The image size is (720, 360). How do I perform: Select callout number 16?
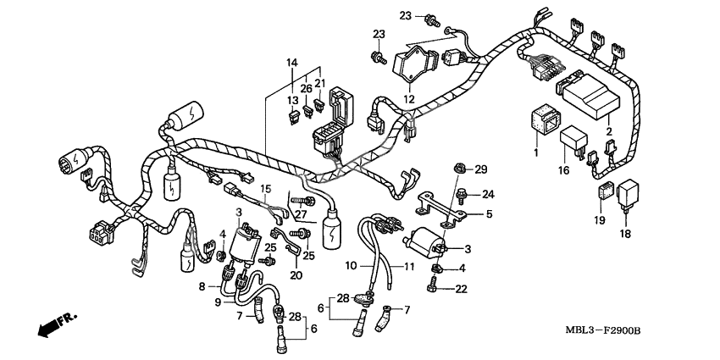(x=562, y=169)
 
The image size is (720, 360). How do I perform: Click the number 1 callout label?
(x=534, y=153)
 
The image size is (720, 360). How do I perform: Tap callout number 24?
(x=488, y=194)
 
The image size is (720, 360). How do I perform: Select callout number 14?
(x=291, y=63)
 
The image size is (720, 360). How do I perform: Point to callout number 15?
(x=265, y=188)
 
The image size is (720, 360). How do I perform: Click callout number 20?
(x=296, y=275)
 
